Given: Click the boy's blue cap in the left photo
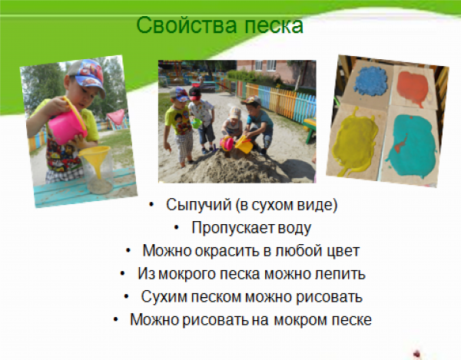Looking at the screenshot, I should (x=84, y=75).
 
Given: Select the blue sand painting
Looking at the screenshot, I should (x=366, y=81).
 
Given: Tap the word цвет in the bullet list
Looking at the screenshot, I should (x=342, y=250).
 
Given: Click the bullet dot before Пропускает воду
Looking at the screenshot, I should (x=176, y=228).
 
